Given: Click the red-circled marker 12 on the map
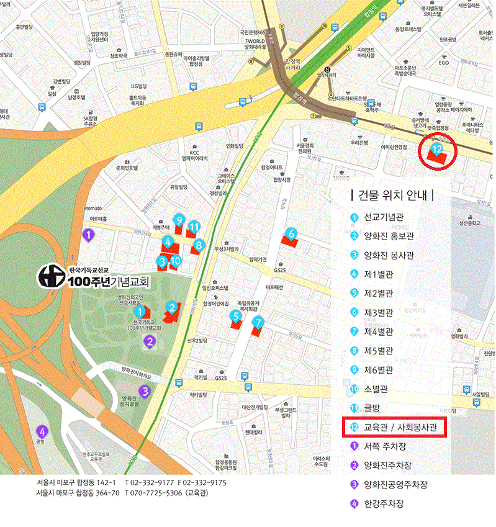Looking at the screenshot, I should pos(437,149).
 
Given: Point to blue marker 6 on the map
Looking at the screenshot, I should pos(291,234).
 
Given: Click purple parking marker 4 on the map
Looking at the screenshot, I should pos(42,431).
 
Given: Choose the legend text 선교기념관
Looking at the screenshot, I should pos(384,218).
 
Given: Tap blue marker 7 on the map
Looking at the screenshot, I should pos(258,322).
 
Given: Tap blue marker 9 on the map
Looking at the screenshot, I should pos(179,220).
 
